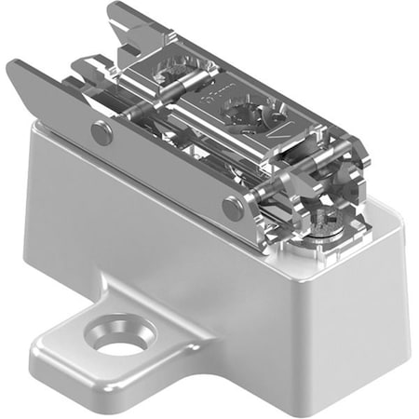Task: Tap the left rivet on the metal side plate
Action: click(x=101, y=133)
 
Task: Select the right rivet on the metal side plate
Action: click(x=234, y=207)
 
